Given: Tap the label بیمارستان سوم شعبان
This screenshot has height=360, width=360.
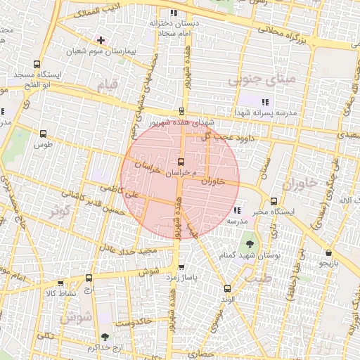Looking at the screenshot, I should coord(100,51).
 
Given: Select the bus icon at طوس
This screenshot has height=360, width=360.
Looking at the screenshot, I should coord(44,134).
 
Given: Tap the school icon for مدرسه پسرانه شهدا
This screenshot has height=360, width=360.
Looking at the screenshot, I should coord(265,102).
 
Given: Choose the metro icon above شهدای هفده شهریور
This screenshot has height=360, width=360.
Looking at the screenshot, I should coord(182,110).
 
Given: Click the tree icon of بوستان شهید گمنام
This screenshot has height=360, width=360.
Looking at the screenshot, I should coord(250,244).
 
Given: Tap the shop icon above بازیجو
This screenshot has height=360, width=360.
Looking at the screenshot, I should coord(328,252).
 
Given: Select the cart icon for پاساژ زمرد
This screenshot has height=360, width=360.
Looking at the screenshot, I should coord(182,267).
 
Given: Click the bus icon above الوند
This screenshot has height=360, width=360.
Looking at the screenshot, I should coord(226,288).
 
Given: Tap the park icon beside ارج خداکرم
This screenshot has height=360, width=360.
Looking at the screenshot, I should coord(105,337).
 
